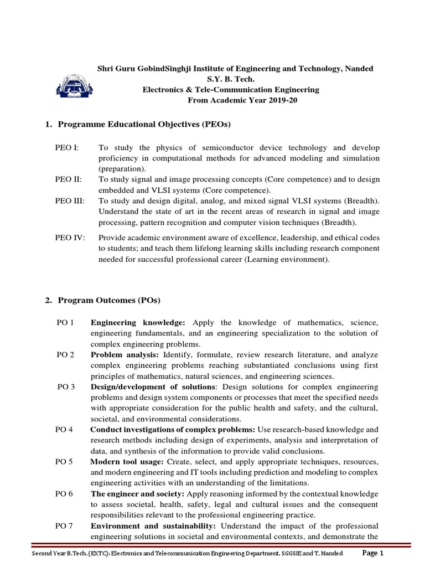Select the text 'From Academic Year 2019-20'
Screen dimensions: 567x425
click(x=243, y=100)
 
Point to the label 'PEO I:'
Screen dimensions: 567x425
click(x=67, y=148)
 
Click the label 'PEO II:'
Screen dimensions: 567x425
click(x=69, y=179)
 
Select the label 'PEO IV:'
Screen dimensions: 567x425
click(x=70, y=238)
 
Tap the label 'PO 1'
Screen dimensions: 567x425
click(x=65, y=322)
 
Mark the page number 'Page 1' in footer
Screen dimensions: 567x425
click(x=372, y=553)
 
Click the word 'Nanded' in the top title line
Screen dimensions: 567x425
click(x=359, y=68)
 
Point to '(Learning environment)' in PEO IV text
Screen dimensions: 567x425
click(x=288, y=259)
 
